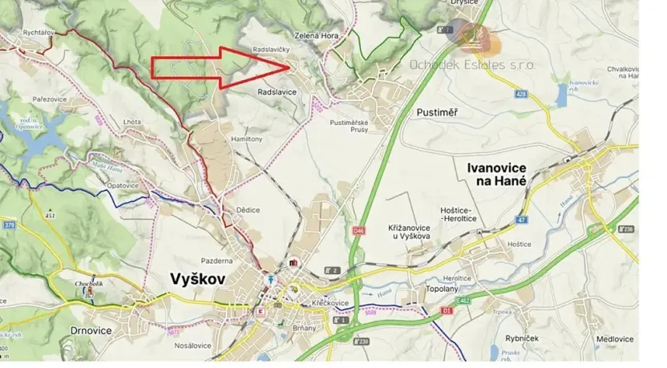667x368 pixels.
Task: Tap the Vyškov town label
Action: tap(198, 278)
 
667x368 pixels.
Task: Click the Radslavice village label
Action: tap(277, 92)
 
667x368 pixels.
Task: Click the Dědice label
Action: tap(248, 209)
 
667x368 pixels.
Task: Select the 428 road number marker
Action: tap(522, 95)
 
